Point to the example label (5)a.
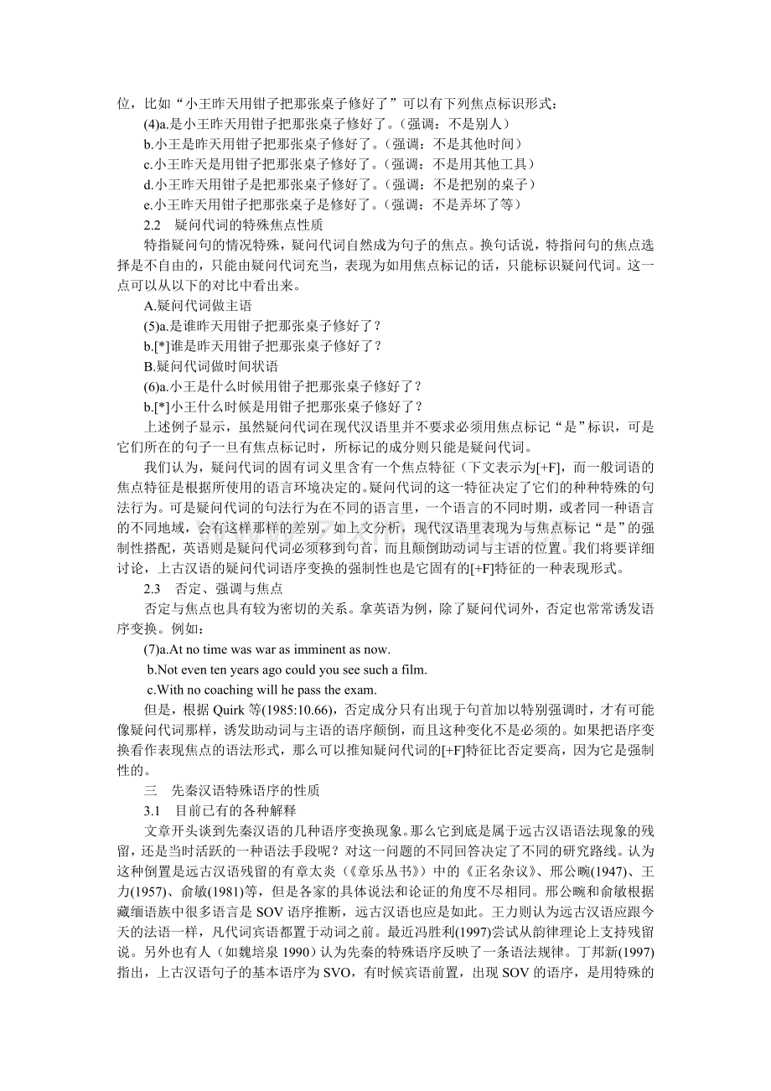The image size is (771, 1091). click(156, 325)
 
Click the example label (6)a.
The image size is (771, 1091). click(156, 385)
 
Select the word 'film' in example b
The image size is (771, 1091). click(415, 670)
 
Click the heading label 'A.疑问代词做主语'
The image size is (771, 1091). click(198, 305)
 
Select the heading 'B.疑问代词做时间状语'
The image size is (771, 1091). click(210, 365)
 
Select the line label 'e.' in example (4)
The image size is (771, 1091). click(147, 204)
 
